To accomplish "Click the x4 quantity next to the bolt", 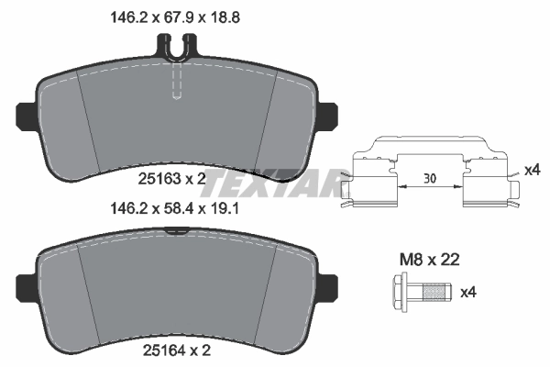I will (468, 293).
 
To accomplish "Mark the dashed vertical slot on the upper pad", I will (179, 83).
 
